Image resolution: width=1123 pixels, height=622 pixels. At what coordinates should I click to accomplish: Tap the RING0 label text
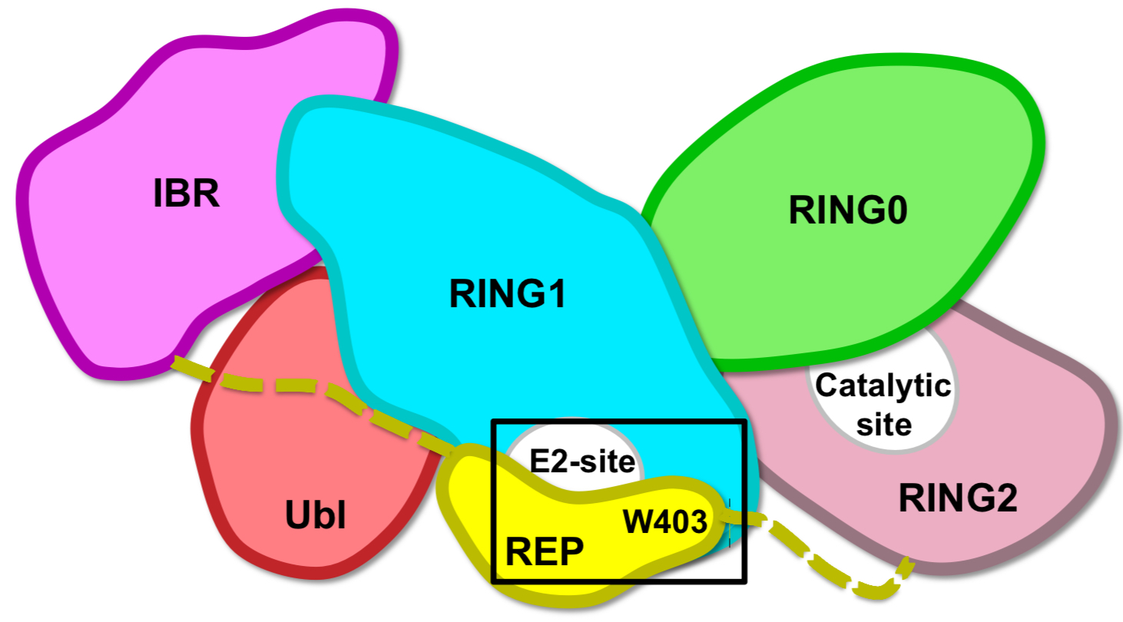pos(848,210)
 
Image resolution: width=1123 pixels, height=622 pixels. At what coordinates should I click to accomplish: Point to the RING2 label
pos(957,500)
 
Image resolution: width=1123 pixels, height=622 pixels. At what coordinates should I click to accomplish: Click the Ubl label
pos(315,517)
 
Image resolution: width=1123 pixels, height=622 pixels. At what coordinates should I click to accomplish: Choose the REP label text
pos(544,551)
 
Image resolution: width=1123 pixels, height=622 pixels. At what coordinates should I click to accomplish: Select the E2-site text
pos(582,462)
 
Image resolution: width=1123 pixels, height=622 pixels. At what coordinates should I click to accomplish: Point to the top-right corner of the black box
pos(745,422)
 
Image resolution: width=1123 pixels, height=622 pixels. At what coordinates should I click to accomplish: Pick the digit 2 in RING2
pos(1004,500)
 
